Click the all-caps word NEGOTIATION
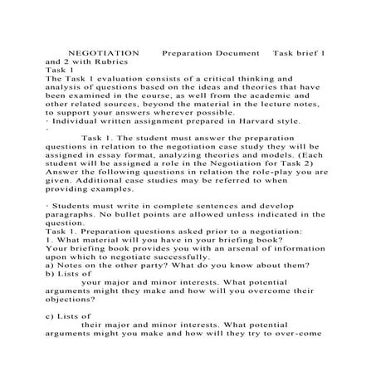(x=98, y=51)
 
